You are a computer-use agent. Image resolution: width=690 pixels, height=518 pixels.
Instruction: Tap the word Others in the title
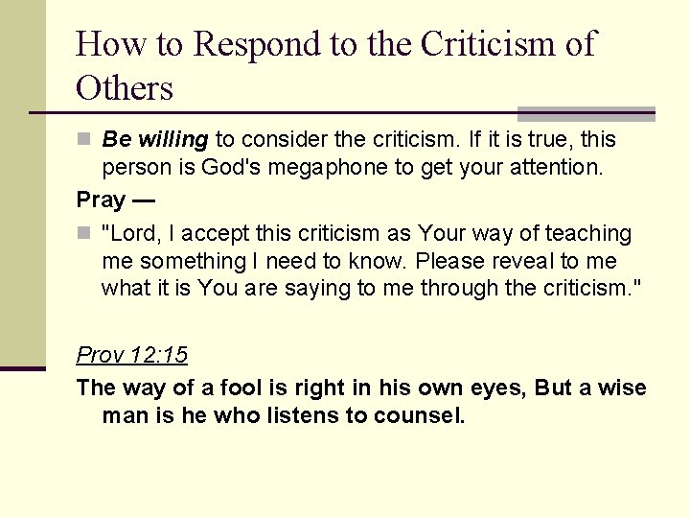125,88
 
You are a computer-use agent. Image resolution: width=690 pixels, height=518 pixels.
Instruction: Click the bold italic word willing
169,140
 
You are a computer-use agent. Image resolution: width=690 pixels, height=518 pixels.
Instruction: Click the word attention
555,168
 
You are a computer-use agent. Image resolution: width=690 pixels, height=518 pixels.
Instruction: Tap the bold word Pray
101,200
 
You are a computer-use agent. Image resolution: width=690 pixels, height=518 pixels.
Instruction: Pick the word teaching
588,234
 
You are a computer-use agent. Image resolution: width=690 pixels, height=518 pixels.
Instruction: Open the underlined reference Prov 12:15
132,355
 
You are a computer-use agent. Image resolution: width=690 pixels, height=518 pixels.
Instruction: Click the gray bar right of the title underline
586,113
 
